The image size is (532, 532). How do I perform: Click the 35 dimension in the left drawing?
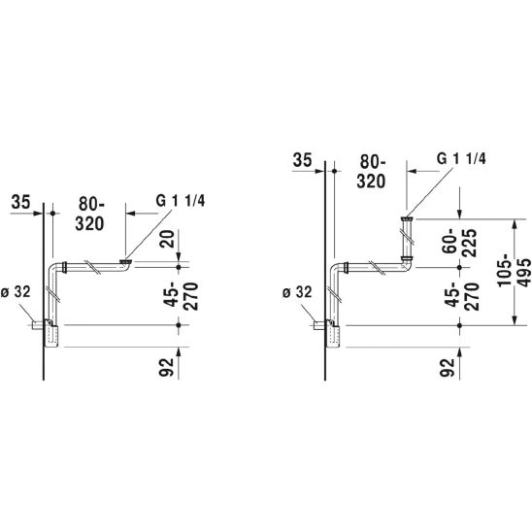(20, 202)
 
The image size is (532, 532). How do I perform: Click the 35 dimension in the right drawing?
(302, 160)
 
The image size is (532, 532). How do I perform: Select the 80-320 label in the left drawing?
(90, 215)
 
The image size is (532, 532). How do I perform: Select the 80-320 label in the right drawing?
(372, 172)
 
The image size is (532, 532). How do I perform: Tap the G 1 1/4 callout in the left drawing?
(181, 201)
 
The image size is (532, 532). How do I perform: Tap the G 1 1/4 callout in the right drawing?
(461, 158)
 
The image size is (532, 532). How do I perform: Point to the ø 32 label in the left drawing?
(16, 292)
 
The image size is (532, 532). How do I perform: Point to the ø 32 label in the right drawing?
(297, 292)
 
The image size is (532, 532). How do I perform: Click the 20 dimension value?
(167, 239)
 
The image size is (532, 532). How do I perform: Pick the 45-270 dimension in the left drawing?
(182, 296)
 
